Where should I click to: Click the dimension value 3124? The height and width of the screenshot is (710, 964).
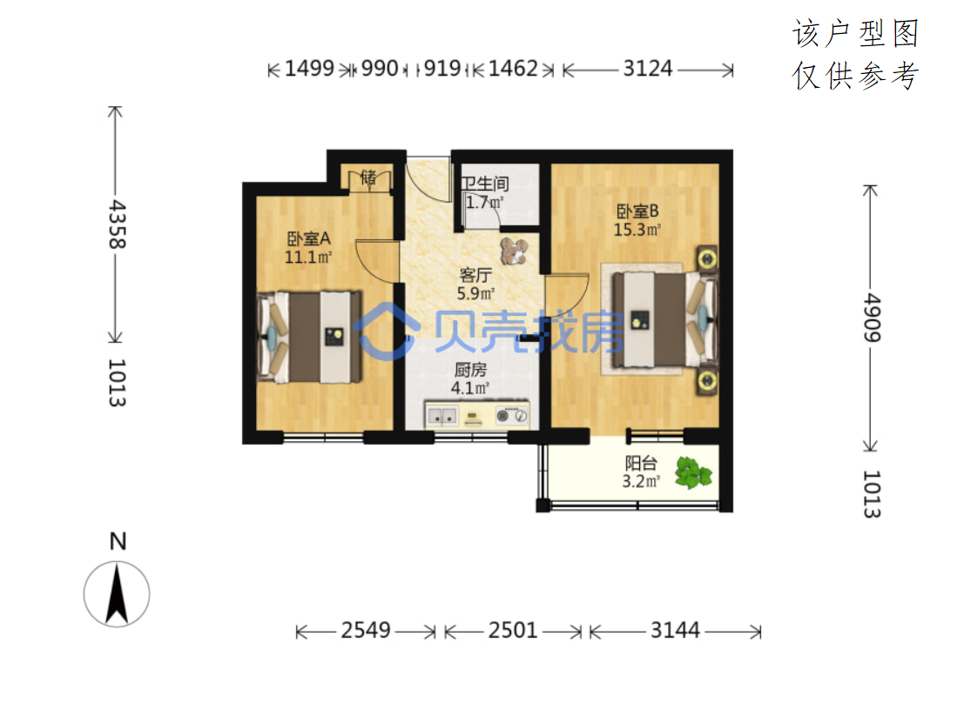coord(647,68)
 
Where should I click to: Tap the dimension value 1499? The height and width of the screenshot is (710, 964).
coord(309,68)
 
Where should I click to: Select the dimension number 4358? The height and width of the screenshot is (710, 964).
coord(117,224)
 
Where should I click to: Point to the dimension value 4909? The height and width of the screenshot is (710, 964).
coord(872,317)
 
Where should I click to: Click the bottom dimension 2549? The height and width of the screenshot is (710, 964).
coord(366,630)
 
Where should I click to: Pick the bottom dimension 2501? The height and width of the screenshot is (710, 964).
coord(513,630)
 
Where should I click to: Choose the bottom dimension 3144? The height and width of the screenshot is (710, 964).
coord(675,630)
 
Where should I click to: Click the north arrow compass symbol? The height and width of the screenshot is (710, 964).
coord(117,594)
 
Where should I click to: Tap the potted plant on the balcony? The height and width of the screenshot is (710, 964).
coord(693,472)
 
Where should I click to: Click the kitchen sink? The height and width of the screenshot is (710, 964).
coord(442,416)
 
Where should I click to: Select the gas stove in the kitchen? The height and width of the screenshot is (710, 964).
coord(512,416)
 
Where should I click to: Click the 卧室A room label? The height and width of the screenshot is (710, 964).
coord(308,238)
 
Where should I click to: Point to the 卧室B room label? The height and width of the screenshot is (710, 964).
coord(637,211)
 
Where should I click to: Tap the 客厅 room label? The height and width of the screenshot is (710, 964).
coord(475,275)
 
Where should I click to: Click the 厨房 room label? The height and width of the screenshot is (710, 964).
coord(470,369)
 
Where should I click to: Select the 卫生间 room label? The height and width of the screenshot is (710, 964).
coord(485,183)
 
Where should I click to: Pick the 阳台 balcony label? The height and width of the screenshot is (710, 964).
coord(641,463)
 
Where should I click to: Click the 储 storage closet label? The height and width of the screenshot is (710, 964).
coord(368,177)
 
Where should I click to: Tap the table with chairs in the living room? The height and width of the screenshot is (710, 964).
coord(514,251)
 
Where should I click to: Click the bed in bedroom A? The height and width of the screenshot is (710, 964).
coord(308,337)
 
